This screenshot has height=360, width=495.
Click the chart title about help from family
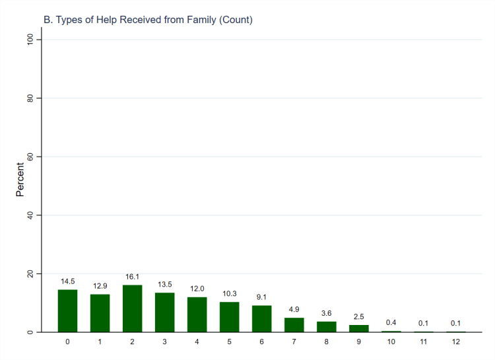[147, 20]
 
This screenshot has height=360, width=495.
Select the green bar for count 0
[68, 310]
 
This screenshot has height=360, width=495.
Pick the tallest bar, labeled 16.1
[133, 308]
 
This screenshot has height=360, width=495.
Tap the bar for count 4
[197, 314]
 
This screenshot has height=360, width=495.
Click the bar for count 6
[262, 318]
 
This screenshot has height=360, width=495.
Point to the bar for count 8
[327, 326]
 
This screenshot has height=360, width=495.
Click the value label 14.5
[68, 281]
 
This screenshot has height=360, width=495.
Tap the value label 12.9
[100, 286]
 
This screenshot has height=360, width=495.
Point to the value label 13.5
[165, 285]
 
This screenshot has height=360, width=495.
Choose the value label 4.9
[294, 309]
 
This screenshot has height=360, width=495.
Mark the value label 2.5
[359, 316]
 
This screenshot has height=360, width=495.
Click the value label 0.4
[391, 322]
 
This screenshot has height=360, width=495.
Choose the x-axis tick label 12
[456, 342]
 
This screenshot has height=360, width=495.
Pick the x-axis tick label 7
[294, 342]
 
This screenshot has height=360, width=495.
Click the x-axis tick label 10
[391, 342]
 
